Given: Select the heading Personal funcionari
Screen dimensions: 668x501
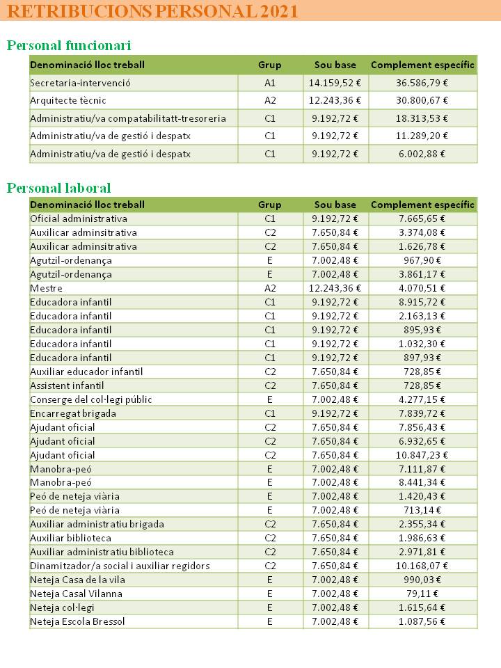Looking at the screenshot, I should click(x=69, y=46).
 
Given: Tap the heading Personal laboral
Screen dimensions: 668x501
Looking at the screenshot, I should click(x=59, y=188).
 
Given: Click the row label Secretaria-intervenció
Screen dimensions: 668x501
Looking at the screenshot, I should click(x=81, y=83).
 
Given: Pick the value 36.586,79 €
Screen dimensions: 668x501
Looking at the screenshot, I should click(x=422, y=83).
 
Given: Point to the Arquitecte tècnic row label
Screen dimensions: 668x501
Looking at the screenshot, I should click(x=68, y=100).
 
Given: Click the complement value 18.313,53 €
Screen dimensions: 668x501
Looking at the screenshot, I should click(x=422, y=118).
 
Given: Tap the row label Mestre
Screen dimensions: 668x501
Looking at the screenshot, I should click(x=47, y=288).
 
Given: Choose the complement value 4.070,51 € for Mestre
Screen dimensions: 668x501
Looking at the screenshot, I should click(x=422, y=288).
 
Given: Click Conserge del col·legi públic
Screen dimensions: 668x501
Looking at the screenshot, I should click(x=91, y=399).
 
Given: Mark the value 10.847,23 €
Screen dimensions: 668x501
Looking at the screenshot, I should click(x=422, y=455).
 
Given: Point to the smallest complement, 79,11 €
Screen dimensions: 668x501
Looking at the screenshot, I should click(x=422, y=594).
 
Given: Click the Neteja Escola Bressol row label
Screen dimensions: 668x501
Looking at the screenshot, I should click(x=78, y=621).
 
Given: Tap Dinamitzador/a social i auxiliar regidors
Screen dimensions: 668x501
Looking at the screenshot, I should click(x=120, y=566).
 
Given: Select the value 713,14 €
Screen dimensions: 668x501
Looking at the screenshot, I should click(x=422, y=510).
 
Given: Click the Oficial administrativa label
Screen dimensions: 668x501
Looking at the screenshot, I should click(x=79, y=218).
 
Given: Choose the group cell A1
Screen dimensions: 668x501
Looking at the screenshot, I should click(x=270, y=83).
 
